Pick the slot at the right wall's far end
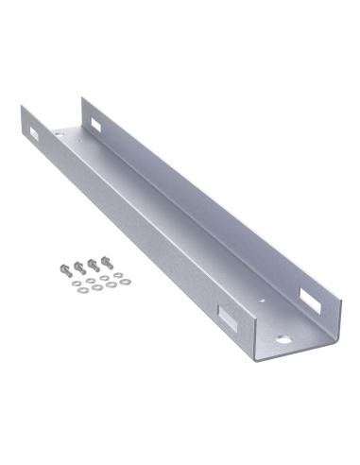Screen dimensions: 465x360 [x=97, y=120]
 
